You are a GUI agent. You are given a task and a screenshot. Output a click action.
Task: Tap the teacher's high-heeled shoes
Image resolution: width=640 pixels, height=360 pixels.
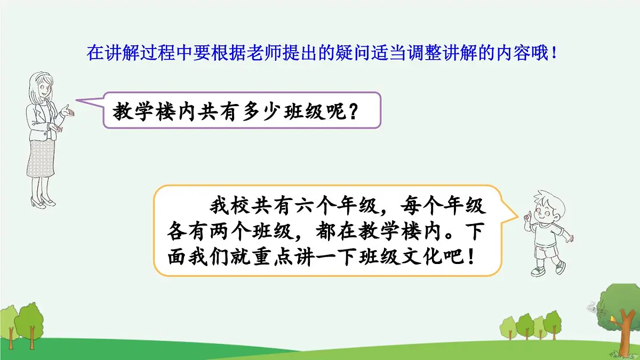[x=43, y=202]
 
